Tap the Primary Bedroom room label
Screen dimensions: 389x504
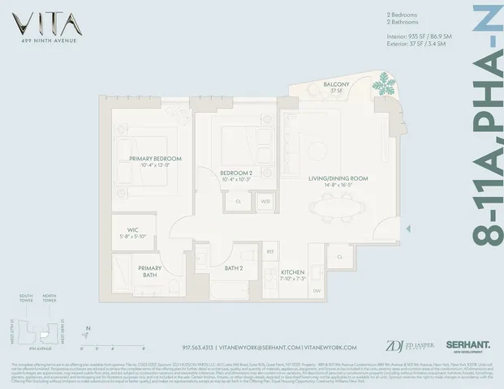(154, 160)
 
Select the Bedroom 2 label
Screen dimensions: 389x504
(237, 173)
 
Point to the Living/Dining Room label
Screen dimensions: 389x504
(338, 180)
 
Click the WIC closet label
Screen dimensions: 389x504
(132, 232)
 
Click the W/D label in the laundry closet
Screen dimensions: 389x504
(265, 200)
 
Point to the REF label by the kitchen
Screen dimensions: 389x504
(271, 253)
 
